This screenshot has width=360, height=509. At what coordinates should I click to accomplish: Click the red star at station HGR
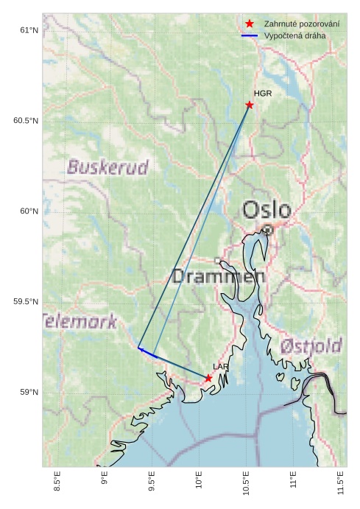250,105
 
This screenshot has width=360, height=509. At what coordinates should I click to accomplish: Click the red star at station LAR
208,378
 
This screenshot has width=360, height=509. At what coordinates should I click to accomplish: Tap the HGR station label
263,94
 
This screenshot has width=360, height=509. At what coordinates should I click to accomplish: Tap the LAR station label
221,366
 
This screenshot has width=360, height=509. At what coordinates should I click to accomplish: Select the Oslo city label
267,210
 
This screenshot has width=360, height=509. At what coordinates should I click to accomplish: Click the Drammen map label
218,277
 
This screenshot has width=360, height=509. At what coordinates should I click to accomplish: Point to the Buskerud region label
107,167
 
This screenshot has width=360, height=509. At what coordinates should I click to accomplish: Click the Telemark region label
80,321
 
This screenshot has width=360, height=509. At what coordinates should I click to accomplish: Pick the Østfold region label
311,345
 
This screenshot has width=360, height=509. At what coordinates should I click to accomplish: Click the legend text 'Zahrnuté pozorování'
302,24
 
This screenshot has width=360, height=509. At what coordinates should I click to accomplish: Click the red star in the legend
250,24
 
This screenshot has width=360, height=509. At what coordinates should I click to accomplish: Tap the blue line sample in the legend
250,35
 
